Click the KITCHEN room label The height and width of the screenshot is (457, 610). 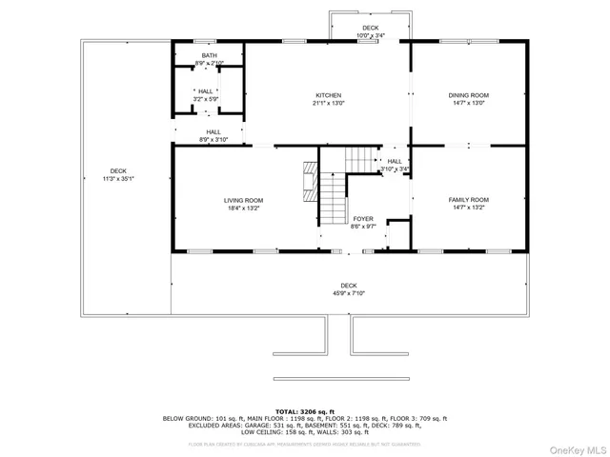[329, 95]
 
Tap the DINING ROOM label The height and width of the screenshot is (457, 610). [468, 95]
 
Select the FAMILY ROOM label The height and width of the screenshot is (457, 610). [468, 200]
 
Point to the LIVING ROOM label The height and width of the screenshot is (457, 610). [243, 200]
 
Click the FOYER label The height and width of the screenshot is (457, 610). [363, 218]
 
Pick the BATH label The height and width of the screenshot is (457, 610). [208, 56]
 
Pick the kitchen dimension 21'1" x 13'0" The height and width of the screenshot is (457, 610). [329, 103]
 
